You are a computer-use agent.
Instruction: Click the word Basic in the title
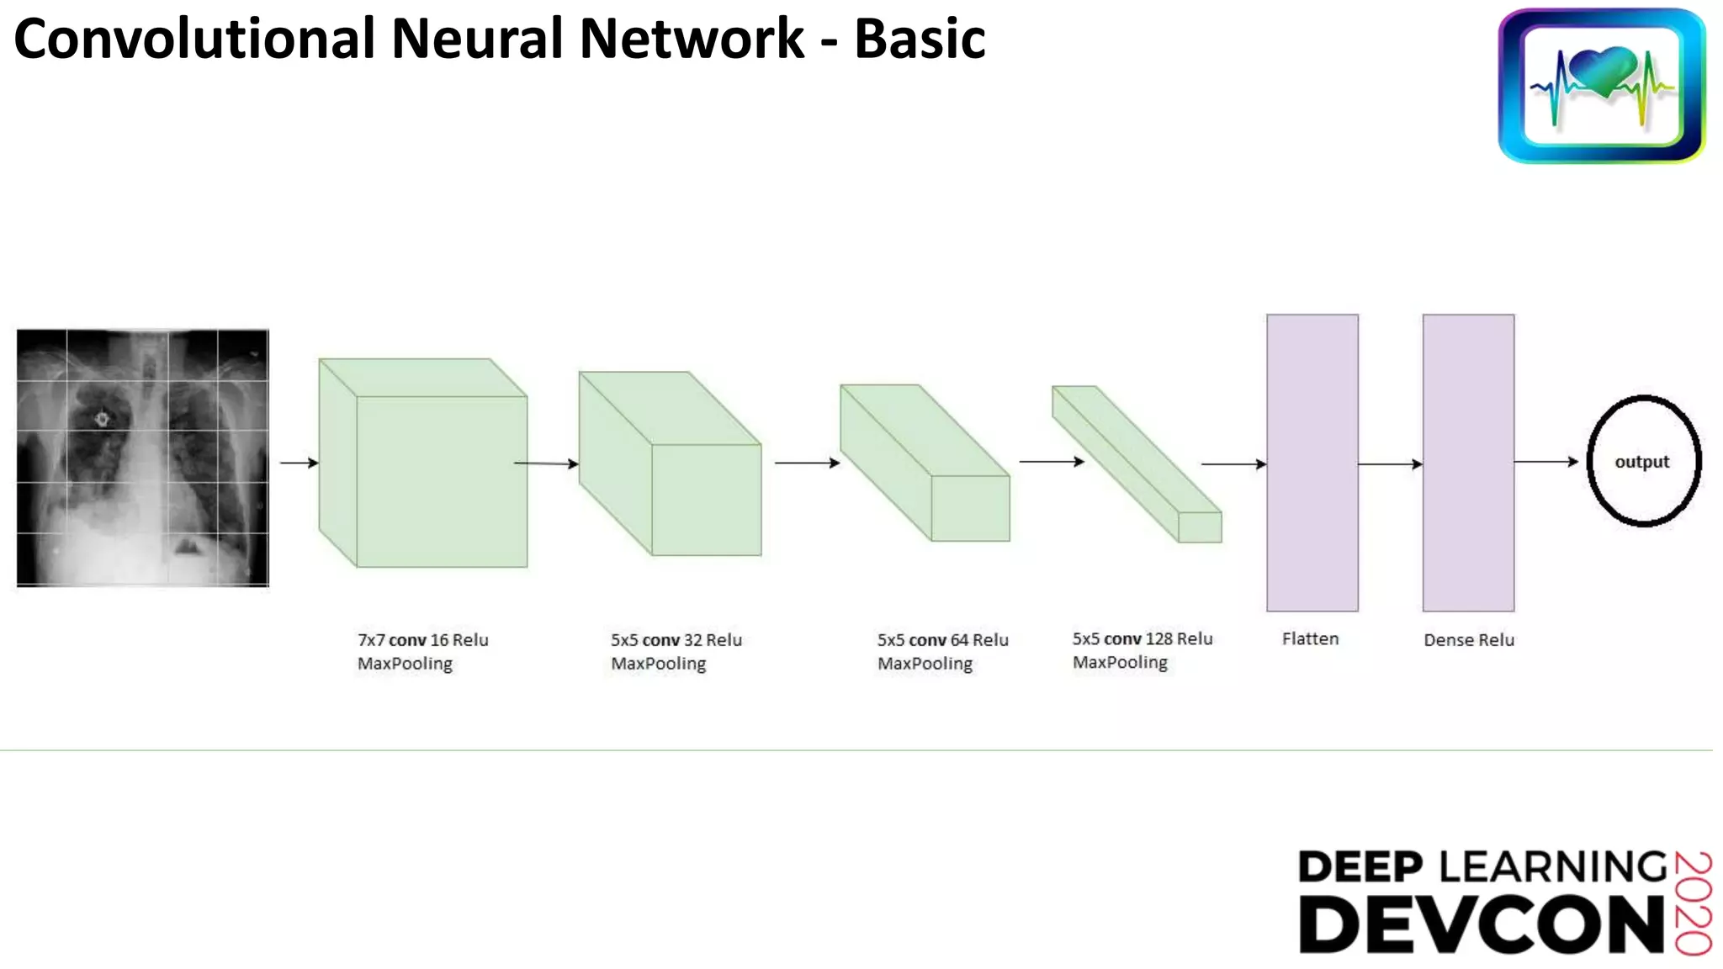pyautogui.click(x=920, y=40)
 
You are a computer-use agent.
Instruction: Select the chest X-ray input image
pyautogui.click(x=143, y=458)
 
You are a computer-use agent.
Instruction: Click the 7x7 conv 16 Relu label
pyautogui.click(x=422, y=640)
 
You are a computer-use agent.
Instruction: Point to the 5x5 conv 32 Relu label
pyautogui.click(x=676, y=640)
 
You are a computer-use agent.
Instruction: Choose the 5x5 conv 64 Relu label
pyautogui.click(x=942, y=640)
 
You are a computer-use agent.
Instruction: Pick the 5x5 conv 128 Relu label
pyautogui.click(x=1142, y=639)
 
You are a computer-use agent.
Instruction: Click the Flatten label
pyautogui.click(x=1310, y=639)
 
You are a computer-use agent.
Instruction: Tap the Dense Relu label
pyautogui.click(x=1469, y=640)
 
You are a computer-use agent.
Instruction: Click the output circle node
pyautogui.click(x=1643, y=462)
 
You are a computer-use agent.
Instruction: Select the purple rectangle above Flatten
pyautogui.click(x=1312, y=463)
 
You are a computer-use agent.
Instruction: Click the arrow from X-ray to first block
pyautogui.click(x=299, y=463)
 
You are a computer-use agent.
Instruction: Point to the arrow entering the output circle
pyautogui.click(x=1546, y=462)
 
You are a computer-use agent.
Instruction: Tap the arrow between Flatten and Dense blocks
pyautogui.click(x=1390, y=464)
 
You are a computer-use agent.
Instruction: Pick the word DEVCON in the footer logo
pyautogui.click(x=1481, y=924)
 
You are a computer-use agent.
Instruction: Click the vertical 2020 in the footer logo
pyautogui.click(x=1693, y=903)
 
